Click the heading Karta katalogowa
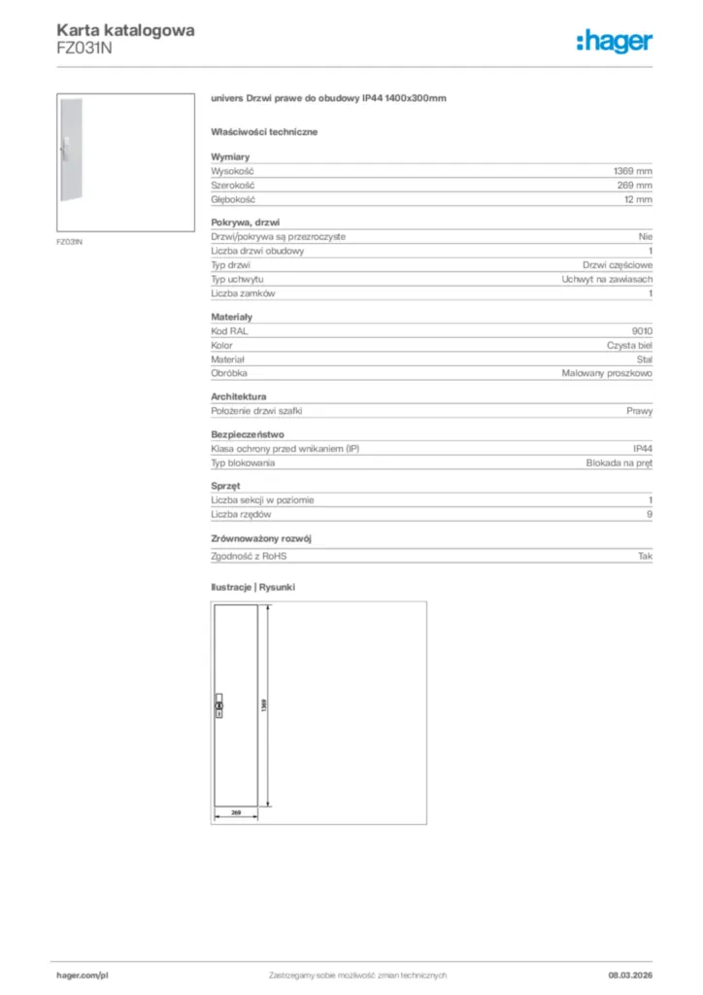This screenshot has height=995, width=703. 125,30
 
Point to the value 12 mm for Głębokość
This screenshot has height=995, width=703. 638,199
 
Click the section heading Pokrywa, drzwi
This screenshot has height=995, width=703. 246,223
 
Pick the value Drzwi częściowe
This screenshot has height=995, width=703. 618,264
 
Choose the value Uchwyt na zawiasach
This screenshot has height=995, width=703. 607,279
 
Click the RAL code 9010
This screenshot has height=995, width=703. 642,330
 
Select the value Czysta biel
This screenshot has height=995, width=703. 623,345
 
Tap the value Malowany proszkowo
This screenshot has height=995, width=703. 607,373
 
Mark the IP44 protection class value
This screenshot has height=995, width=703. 642,448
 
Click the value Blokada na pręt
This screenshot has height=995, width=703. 619,463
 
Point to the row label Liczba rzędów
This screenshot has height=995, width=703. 241,514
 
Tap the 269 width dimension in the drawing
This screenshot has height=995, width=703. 234,809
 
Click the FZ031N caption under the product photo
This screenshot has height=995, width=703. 69,241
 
